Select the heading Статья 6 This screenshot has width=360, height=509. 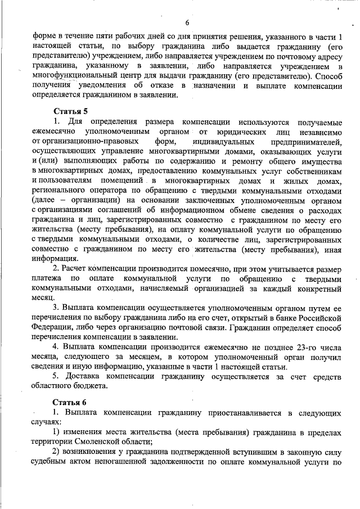(x=70, y=403)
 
